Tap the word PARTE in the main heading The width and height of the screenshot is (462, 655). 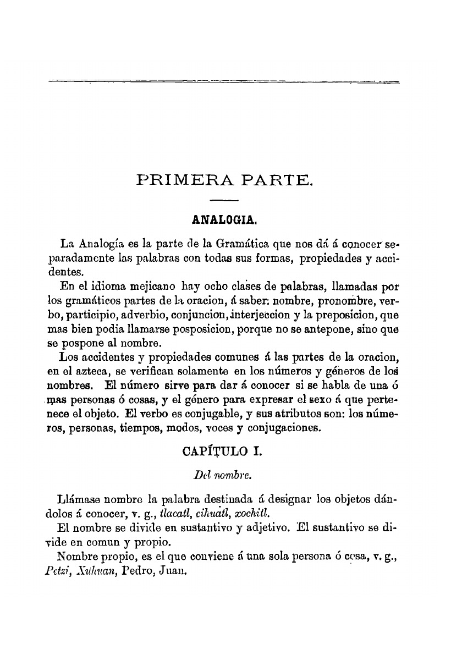pyautogui.click(x=273, y=179)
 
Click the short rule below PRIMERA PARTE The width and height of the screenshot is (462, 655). pyautogui.click(x=224, y=200)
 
